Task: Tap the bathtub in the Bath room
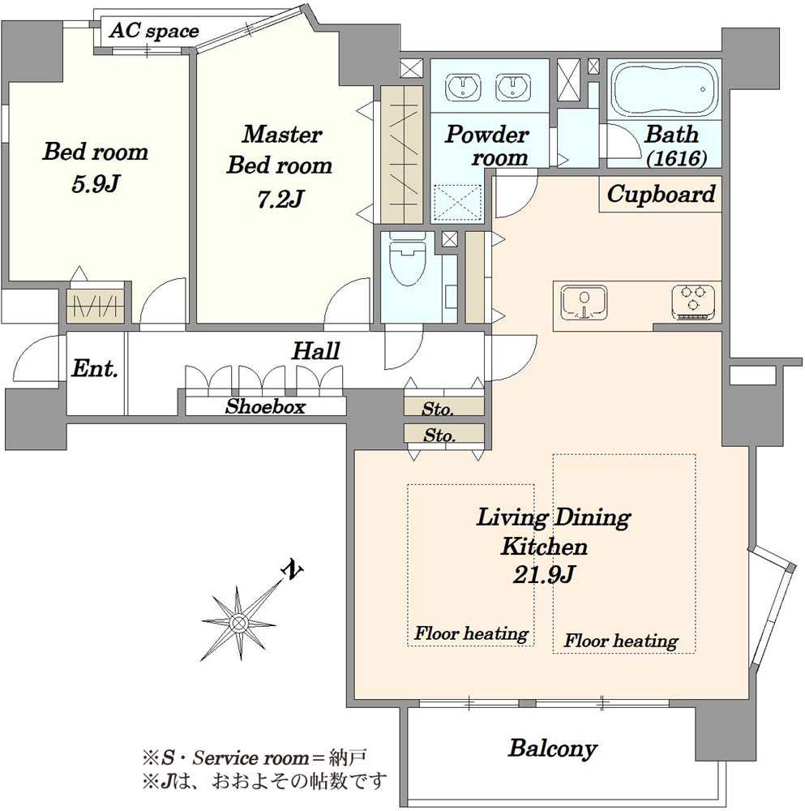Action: point(665,91)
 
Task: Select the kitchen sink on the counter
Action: point(584,302)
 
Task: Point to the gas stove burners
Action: point(693,302)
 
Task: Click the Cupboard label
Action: point(661,195)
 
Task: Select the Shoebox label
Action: point(265,406)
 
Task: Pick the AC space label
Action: point(154,31)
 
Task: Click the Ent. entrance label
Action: point(95,369)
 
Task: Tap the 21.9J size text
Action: point(544,575)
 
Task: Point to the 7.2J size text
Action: point(280,200)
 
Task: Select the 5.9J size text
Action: point(95,184)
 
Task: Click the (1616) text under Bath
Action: point(676,158)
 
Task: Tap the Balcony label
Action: point(553,749)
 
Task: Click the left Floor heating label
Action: point(471,633)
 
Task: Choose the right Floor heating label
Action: point(620,642)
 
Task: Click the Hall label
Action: point(316,351)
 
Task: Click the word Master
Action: point(282,135)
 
